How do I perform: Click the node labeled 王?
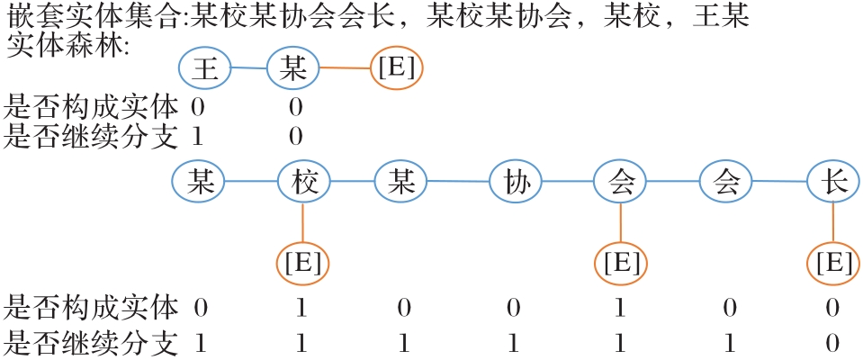point(206,67)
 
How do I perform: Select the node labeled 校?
point(303,182)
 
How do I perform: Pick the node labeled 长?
point(832,183)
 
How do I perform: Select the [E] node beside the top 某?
point(397,68)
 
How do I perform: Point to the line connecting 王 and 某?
point(250,67)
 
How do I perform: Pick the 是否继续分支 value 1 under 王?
point(198,136)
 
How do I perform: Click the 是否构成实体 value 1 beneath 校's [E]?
point(302,309)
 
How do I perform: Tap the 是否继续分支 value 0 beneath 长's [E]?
point(832,343)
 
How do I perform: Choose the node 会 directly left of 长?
point(726,183)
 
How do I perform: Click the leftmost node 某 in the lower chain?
point(198,182)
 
